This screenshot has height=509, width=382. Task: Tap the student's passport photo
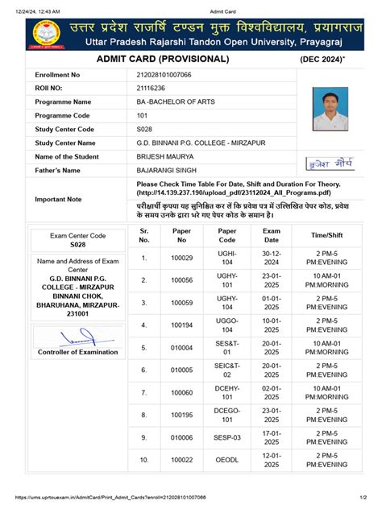coord(330,103)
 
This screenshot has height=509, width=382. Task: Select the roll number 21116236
coord(152,88)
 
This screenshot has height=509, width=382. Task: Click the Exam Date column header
coord(271,234)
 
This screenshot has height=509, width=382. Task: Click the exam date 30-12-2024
coord(271,258)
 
